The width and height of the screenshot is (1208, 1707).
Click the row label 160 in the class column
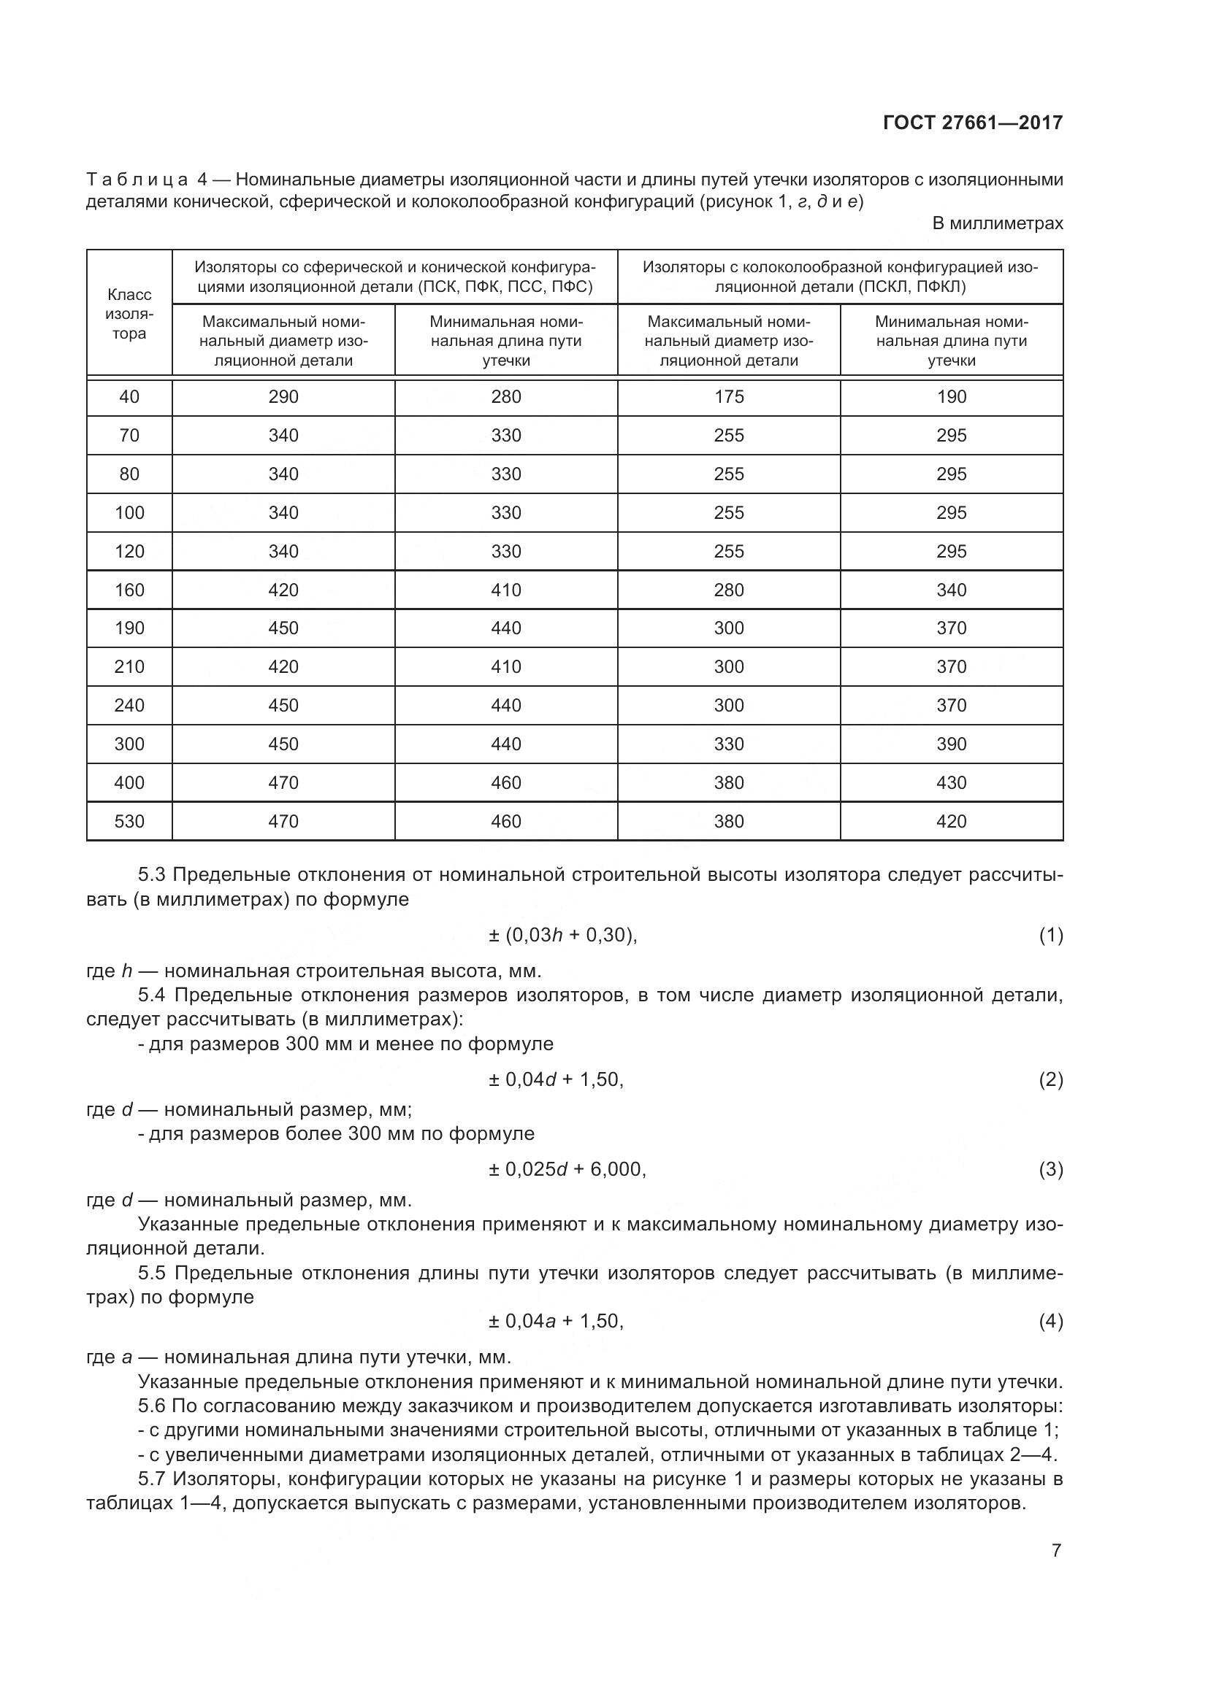[129, 590]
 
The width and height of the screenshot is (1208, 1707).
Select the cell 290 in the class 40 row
[283, 397]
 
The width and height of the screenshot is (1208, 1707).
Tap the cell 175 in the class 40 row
[728, 397]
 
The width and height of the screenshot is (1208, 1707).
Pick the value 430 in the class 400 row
[952, 783]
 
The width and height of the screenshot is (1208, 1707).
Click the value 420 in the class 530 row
[952, 822]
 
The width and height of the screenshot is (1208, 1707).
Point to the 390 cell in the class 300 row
[952, 744]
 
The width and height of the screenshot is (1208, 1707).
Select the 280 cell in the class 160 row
[728, 590]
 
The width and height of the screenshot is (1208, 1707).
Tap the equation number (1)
[1050, 936]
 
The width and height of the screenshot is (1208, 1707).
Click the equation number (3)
[1050, 1169]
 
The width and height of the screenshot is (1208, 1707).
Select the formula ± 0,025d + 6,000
[567, 1169]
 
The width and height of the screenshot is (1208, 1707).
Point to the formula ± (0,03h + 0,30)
[562, 936]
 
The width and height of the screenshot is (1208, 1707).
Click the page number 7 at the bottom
[1056, 1551]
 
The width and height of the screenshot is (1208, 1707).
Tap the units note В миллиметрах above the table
[997, 223]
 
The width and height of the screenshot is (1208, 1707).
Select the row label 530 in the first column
[129, 822]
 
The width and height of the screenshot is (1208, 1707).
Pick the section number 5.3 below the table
[152, 875]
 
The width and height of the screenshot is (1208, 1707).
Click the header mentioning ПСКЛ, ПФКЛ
[840, 277]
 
